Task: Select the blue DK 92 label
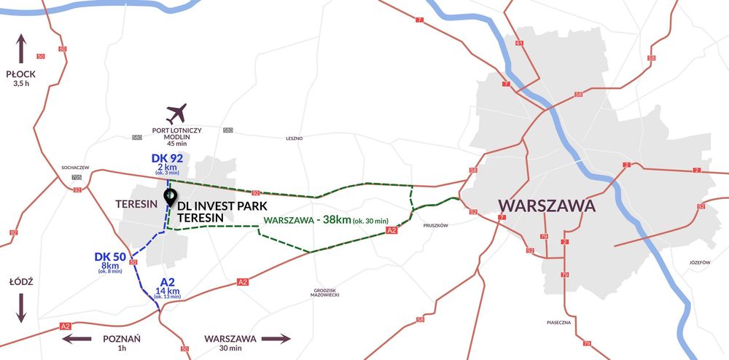tap(167, 157)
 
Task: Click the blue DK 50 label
tap(110, 257)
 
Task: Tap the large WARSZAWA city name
tap(546, 206)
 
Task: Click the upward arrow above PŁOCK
tap(21, 47)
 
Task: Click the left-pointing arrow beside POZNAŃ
tap(77, 339)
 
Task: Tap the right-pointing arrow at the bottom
tap(276, 339)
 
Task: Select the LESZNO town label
tap(295, 138)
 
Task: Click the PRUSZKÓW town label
tap(436, 226)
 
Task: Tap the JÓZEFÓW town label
tap(698, 262)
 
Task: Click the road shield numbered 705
tap(77, 178)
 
